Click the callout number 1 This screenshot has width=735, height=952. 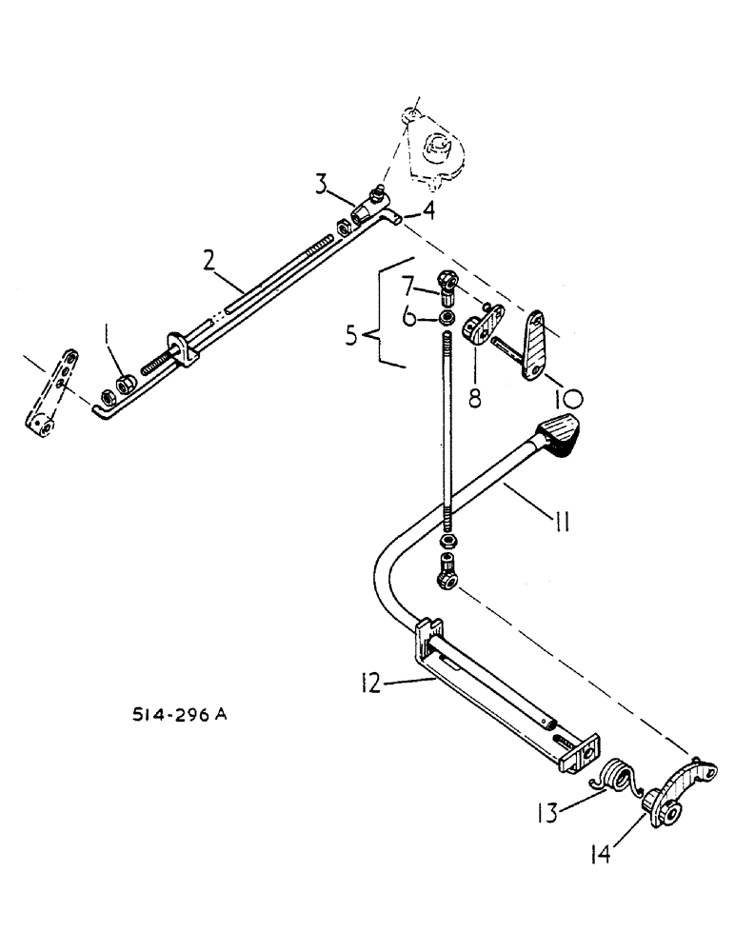click(x=109, y=335)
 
